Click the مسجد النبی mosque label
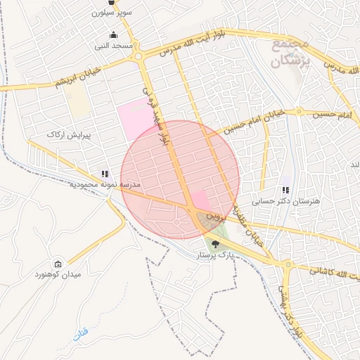point(114,46)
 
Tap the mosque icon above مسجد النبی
point(114,35)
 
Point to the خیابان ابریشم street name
point(74,80)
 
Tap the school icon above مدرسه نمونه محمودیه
point(105,173)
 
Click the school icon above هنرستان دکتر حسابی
point(285,190)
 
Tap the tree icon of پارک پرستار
point(215,244)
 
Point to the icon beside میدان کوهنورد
point(58,264)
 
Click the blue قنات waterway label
point(83,330)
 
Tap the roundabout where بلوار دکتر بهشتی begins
point(288,265)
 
